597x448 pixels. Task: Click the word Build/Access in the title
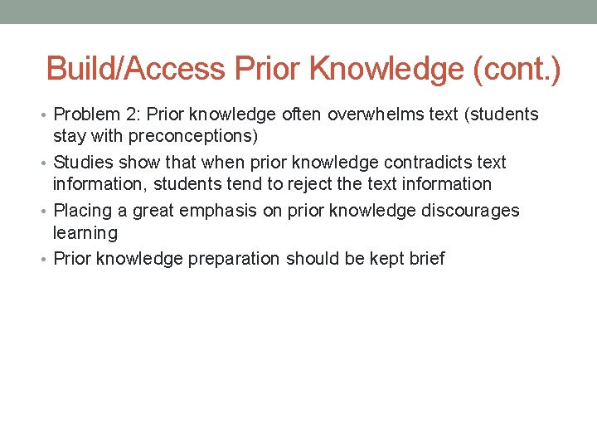click(137, 69)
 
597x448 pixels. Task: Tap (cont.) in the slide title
click(516, 69)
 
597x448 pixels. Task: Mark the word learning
click(85, 233)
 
